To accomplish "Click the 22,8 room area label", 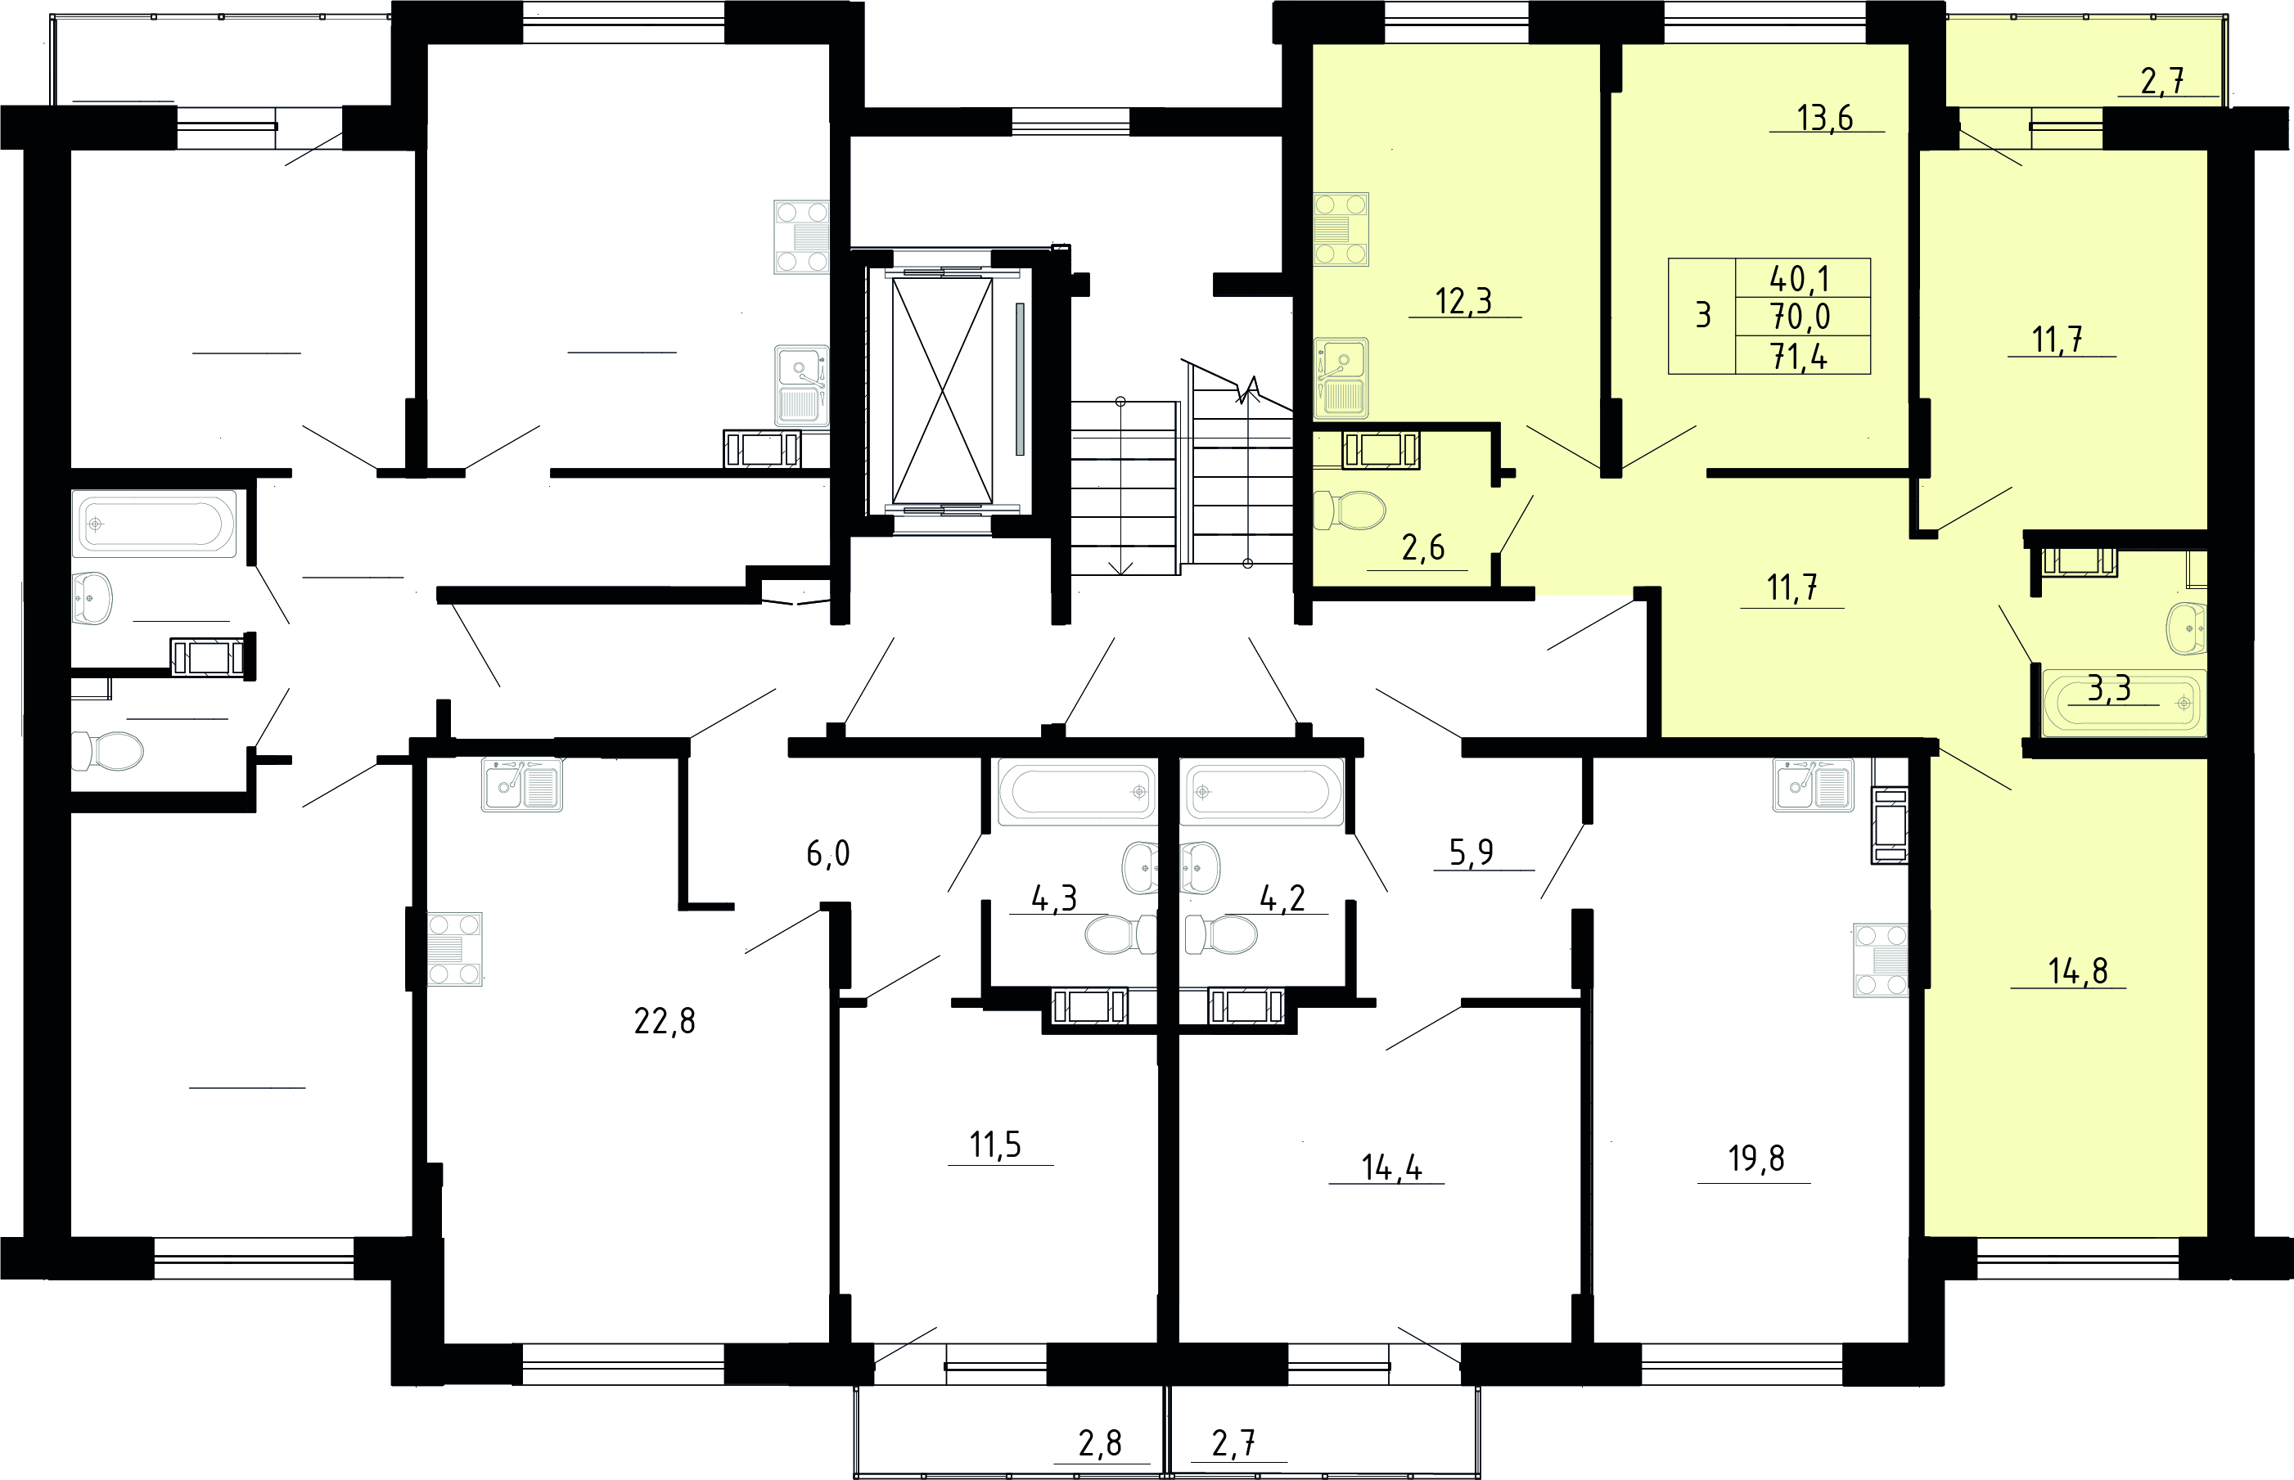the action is point(665,1021).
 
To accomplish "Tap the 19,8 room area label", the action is point(1755,1159).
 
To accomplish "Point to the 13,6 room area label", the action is point(1825,118).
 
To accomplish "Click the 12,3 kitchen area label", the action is point(1463,301).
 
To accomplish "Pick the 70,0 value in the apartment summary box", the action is point(1800,316).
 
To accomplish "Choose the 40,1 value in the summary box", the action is point(1800,279).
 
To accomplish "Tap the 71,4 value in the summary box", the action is point(1800,357).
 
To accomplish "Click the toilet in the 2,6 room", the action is point(1349,511).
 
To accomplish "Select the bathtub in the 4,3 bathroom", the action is point(1077,792).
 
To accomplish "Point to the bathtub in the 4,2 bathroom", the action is point(1261,792).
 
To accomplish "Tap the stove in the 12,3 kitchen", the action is point(1341,230).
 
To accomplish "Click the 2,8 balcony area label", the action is point(1100,1443).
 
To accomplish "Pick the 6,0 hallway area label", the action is point(827,852).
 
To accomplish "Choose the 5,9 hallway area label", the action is point(1471,852).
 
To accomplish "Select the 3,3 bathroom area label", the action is point(2109,688).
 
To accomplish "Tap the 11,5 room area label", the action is point(995,1145).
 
